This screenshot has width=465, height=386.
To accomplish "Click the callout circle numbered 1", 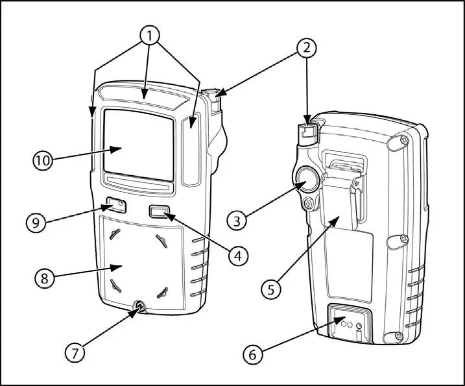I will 150,36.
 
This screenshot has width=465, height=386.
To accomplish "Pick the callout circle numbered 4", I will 237,255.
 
